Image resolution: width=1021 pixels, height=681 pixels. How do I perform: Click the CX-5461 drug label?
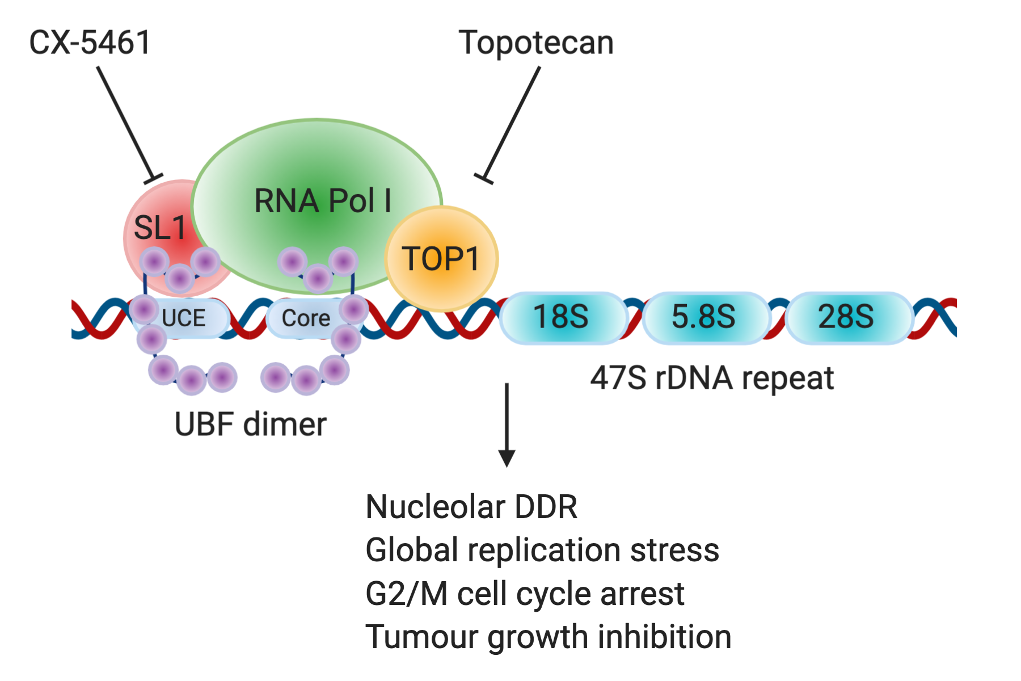pyautogui.click(x=90, y=43)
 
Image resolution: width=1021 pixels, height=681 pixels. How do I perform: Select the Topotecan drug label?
pyautogui.click(x=536, y=43)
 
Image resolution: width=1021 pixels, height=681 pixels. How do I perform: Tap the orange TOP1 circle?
pyautogui.click(x=441, y=259)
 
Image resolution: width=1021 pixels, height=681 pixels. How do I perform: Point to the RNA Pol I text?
pyautogui.click(x=322, y=201)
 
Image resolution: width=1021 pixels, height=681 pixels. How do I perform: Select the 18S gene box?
pyautogui.click(x=561, y=317)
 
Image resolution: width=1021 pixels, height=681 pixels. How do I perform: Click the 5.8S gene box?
pyautogui.click(x=703, y=317)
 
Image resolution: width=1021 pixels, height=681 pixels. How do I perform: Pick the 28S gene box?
pyautogui.click(x=846, y=317)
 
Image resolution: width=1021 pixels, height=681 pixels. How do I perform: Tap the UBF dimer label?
pyautogui.click(x=250, y=424)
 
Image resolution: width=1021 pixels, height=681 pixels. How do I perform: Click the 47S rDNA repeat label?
pyautogui.click(x=712, y=379)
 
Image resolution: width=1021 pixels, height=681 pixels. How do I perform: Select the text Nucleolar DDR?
pyautogui.click(x=471, y=507)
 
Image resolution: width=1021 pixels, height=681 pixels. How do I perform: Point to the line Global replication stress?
pyautogui.click(x=542, y=550)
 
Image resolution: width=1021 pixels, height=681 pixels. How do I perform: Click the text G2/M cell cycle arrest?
pyautogui.click(x=525, y=594)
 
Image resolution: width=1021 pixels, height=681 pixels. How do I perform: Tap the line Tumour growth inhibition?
pyautogui.click(x=549, y=637)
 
